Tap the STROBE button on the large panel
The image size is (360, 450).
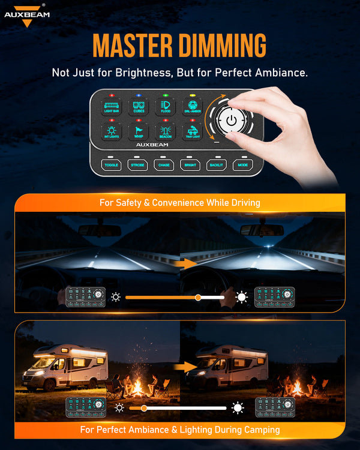(x=138, y=164)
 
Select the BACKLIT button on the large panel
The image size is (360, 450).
(x=216, y=164)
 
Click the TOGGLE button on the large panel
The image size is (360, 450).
(x=112, y=164)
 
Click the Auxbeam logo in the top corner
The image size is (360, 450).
(x=27, y=15)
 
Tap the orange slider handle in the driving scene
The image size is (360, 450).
(x=198, y=297)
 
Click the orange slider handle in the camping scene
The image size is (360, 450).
(x=144, y=408)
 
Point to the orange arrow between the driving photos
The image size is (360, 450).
(x=190, y=263)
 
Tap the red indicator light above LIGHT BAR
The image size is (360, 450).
(x=112, y=95)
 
